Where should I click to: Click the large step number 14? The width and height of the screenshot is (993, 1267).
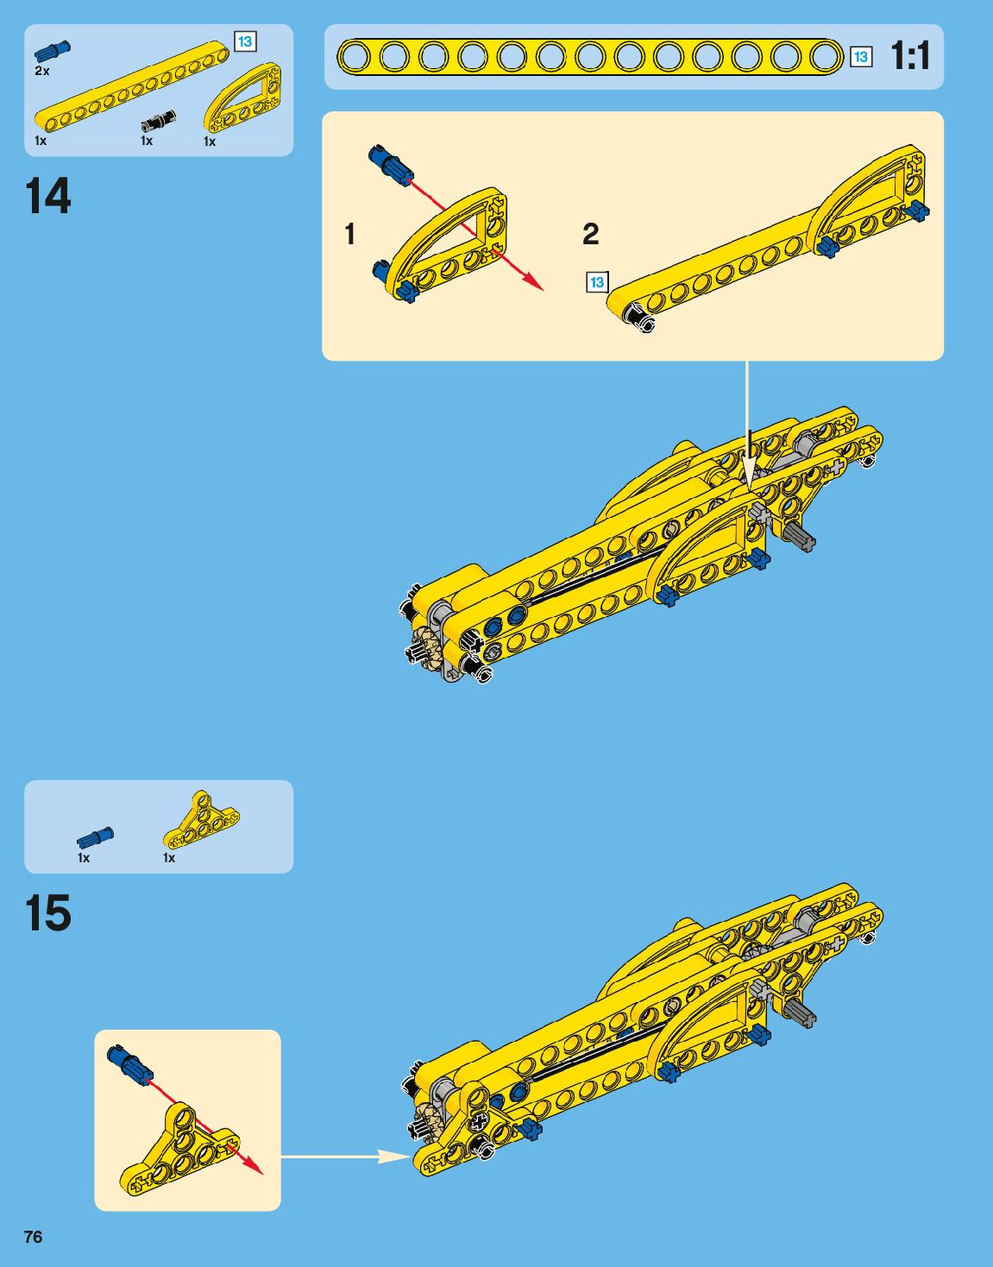(48, 197)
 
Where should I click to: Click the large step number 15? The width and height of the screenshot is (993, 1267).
(48, 913)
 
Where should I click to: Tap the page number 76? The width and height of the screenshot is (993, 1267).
(33, 1237)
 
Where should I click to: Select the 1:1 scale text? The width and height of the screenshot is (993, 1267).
(910, 57)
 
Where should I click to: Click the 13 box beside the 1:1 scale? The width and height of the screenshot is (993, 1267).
(860, 57)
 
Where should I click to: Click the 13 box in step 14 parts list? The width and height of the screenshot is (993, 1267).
(245, 41)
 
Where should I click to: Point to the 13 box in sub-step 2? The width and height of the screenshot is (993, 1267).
(597, 282)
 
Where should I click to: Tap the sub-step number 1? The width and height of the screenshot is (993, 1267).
(349, 234)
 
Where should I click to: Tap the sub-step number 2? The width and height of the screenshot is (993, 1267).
(590, 234)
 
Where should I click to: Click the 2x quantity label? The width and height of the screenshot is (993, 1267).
(42, 71)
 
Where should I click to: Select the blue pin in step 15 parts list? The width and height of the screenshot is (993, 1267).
(95, 837)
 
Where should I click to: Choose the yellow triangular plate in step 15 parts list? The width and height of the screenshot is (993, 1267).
(201, 820)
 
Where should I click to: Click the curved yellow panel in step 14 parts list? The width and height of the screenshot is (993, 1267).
(243, 98)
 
